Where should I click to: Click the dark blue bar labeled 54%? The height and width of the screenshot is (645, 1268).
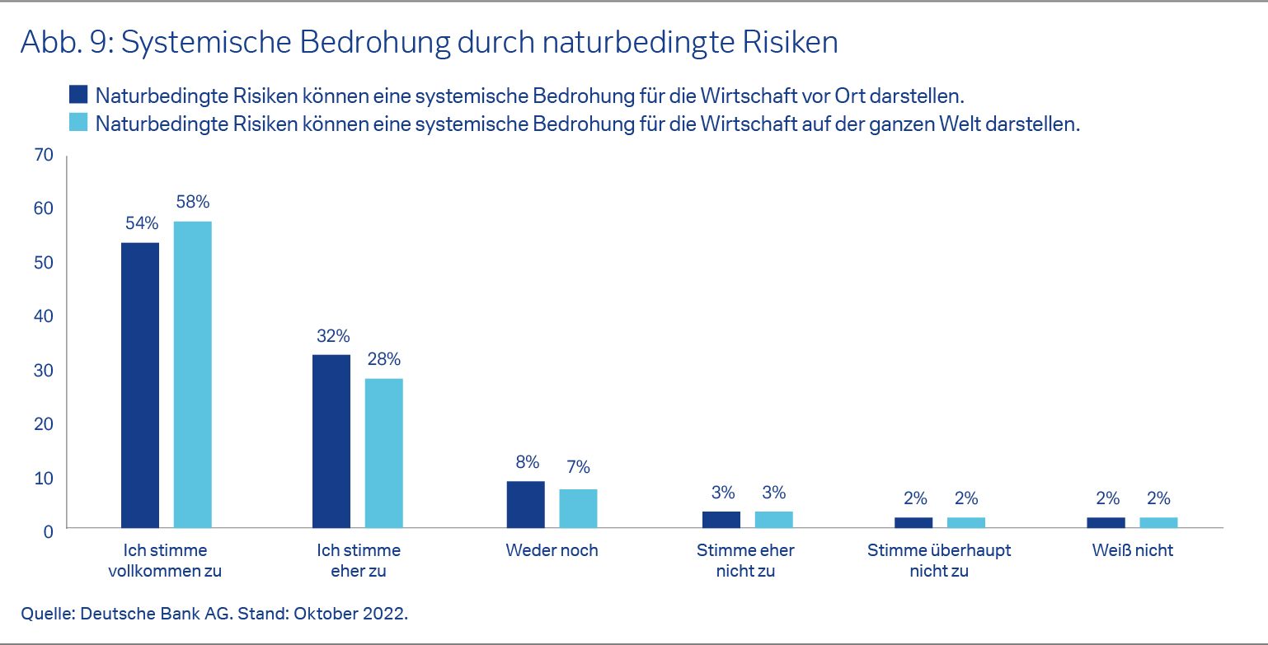point(140,385)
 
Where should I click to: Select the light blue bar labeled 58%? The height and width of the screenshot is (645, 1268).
point(192,374)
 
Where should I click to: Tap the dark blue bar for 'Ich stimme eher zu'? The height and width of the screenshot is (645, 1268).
point(331,441)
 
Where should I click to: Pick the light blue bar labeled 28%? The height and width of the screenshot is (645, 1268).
point(384,452)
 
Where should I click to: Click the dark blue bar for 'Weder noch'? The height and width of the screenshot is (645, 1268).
point(525,504)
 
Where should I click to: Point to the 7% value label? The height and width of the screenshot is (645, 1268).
point(578,467)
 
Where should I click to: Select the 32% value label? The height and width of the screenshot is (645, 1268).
point(332,336)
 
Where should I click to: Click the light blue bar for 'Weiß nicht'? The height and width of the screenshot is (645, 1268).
point(1158,522)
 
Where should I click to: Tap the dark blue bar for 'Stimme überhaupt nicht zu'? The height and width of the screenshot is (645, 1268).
point(913,522)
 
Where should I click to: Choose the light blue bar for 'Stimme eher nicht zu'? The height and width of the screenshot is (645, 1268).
point(773,519)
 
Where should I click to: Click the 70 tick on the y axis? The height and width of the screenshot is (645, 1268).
point(44,155)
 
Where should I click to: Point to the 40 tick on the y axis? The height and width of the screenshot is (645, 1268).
point(44,316)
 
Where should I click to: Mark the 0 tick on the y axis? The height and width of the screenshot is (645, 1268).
point(48,531)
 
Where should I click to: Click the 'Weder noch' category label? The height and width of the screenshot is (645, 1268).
point(552,550)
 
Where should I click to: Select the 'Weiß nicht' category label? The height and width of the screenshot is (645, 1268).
point(1132,550)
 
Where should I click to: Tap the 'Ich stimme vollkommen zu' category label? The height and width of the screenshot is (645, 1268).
point(166,560)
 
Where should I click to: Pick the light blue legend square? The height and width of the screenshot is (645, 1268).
point(79,124)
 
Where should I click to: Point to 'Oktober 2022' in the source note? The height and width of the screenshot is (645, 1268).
point(364,615)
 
